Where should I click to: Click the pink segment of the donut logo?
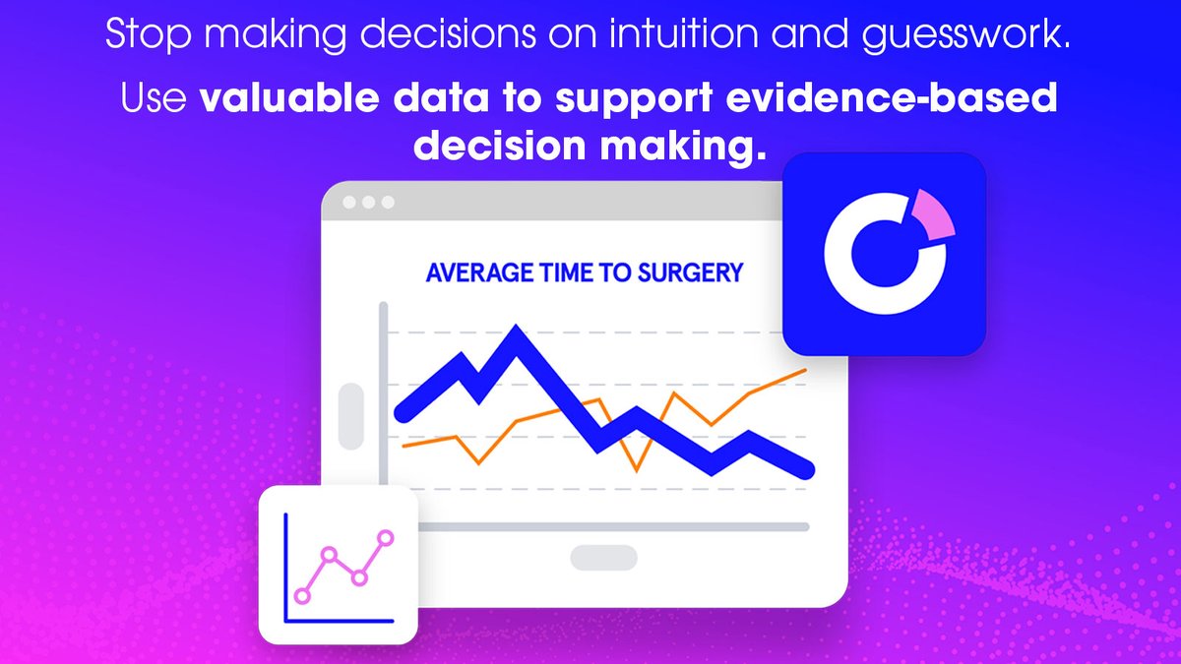click(934, 214)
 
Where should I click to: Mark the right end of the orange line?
click(806, 371)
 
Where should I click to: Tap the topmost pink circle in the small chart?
click(385, 537)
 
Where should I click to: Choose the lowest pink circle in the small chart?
click(302, 595)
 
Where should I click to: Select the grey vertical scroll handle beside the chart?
click(351, 417)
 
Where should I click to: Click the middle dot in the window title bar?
click(369, 202)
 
